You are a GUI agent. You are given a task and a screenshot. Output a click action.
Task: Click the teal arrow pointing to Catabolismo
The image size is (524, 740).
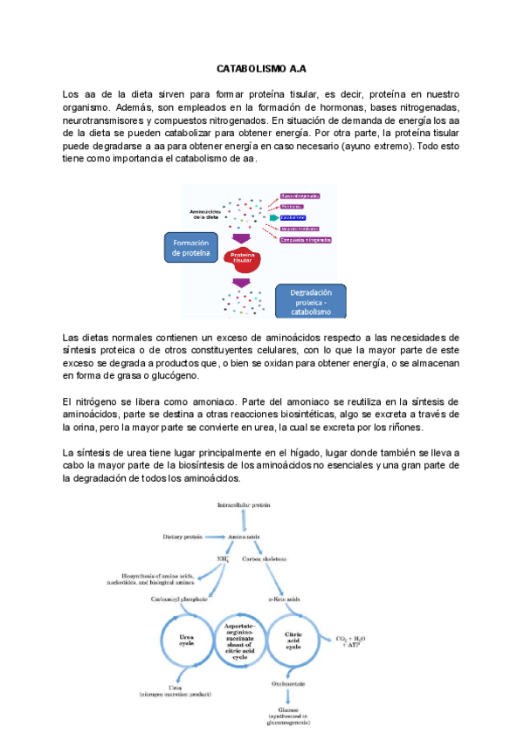(275, 217)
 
